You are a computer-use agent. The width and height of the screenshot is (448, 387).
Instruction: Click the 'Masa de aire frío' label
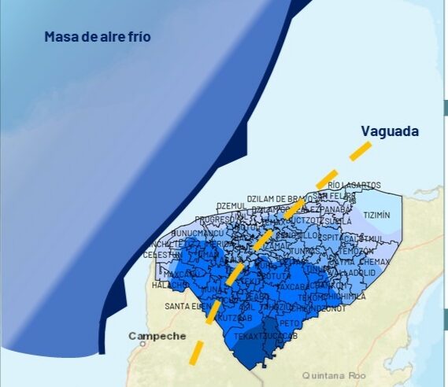tap(97, 36)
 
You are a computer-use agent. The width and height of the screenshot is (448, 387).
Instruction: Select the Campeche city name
tap(157, 336)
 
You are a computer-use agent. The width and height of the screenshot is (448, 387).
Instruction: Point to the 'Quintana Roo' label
tap(335, 374)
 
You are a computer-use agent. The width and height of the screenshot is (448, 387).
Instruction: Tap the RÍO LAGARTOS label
tap(354, 185)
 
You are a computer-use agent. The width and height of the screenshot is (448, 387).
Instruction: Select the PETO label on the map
tap(290, 322)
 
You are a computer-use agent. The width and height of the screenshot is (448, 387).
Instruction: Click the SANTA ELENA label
tap(186, 306)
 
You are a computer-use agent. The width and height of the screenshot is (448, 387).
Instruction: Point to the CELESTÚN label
tap(162, 255)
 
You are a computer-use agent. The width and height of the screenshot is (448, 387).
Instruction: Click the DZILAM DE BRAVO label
tap(276, 199)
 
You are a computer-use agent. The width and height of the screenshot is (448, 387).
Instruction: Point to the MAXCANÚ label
tap(179, 274)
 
